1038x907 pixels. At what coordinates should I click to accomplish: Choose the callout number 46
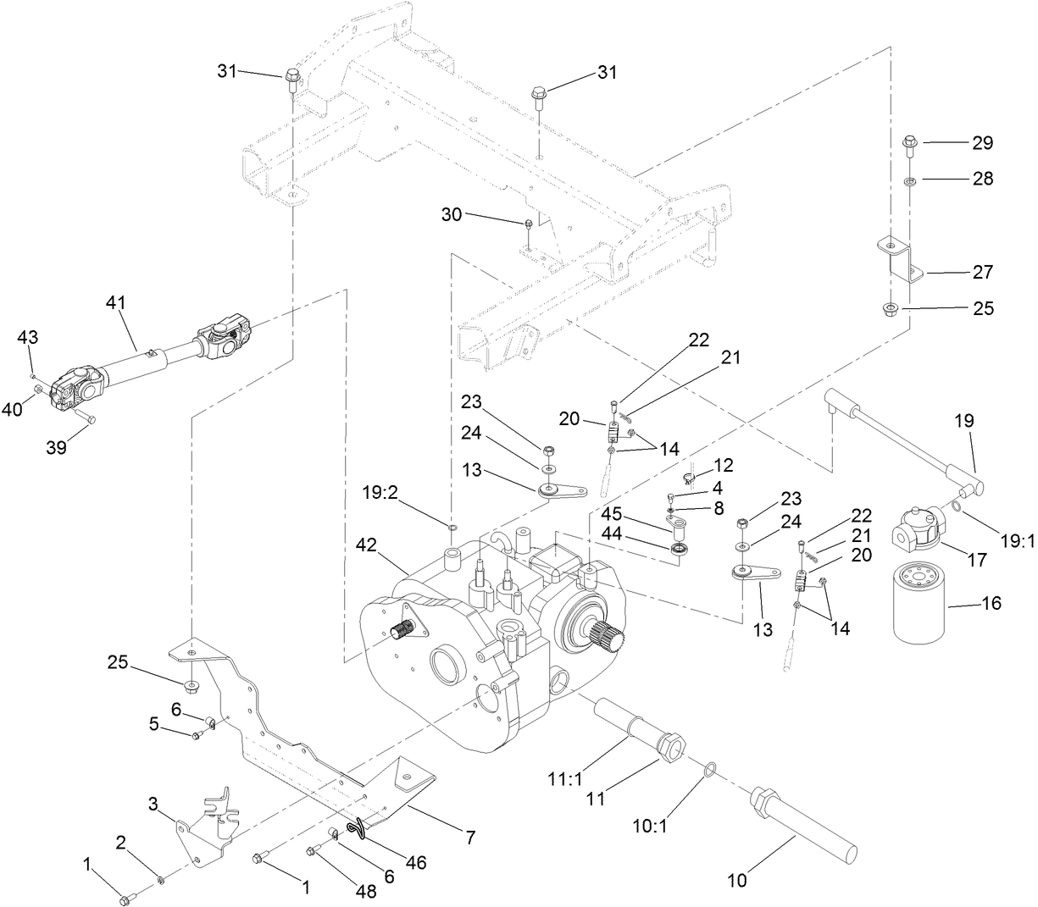[x=414, y=863]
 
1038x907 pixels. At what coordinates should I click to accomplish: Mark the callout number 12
[x=723, y=465]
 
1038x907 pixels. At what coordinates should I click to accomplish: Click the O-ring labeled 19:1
[x=956, y=506]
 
